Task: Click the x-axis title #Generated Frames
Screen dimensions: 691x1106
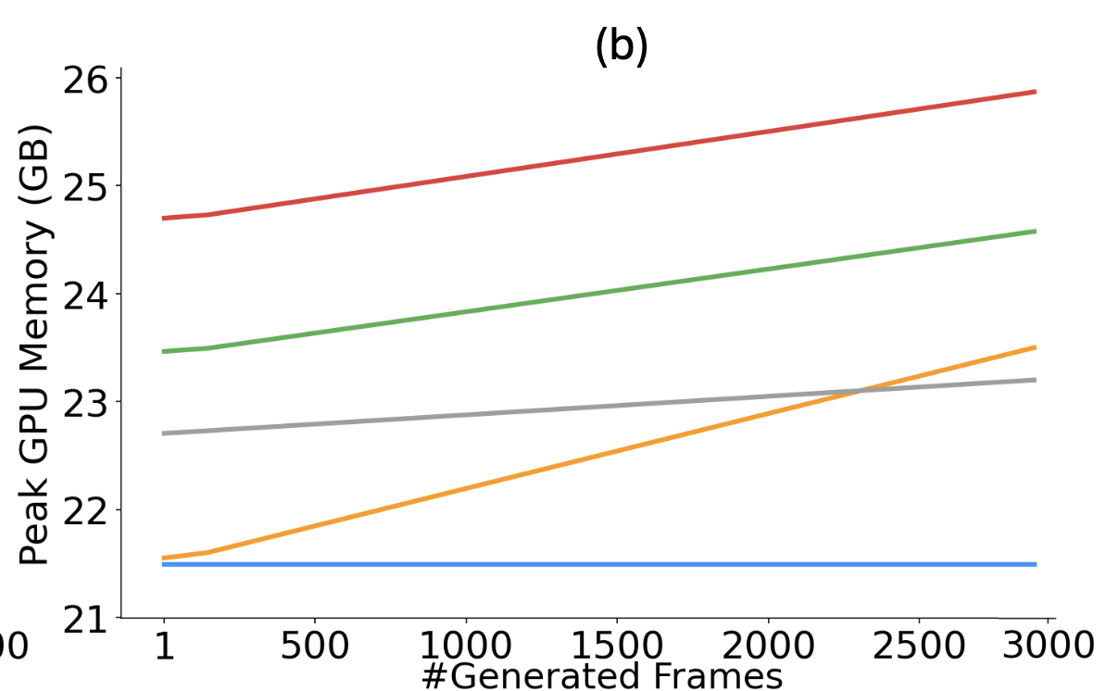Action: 602,676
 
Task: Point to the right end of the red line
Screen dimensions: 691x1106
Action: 1035,92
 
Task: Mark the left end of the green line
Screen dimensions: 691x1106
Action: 164,352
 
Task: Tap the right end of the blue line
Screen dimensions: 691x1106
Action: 1035,564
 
